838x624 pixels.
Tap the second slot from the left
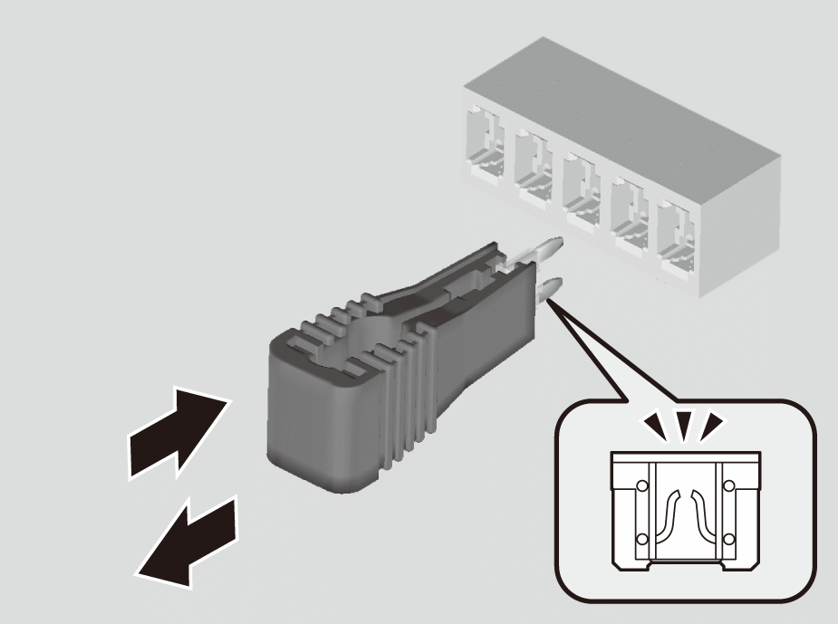[x=533, y=163]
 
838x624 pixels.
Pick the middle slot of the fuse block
[x=581, y=185]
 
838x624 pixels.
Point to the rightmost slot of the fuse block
[x=676, y=231]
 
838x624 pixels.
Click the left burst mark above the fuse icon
[x=652, y=424]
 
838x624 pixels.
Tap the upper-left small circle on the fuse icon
[x=642, y=486]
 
